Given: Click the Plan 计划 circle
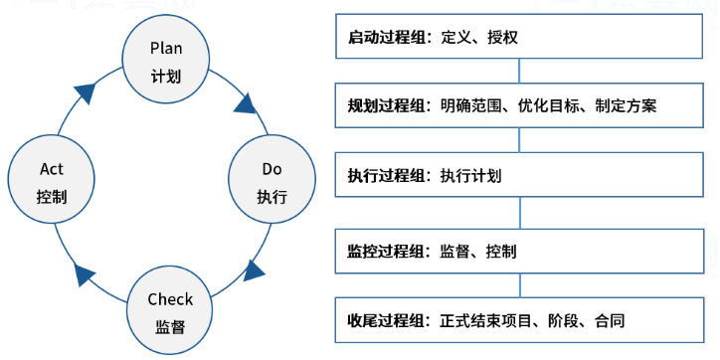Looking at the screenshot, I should (x=165, y=60).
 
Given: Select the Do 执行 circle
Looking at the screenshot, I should (x=271, y=182).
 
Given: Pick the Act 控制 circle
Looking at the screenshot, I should (x=51, y=182).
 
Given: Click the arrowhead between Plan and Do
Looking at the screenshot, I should (x=245, y=103).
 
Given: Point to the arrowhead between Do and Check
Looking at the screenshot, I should (x=255, y=270).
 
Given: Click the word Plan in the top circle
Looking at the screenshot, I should (x=165, y=47).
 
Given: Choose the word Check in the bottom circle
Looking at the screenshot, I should (x=170, y=299).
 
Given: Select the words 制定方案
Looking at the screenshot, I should (x=626, y=105).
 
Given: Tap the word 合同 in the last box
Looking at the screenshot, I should (x=610, y=321).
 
